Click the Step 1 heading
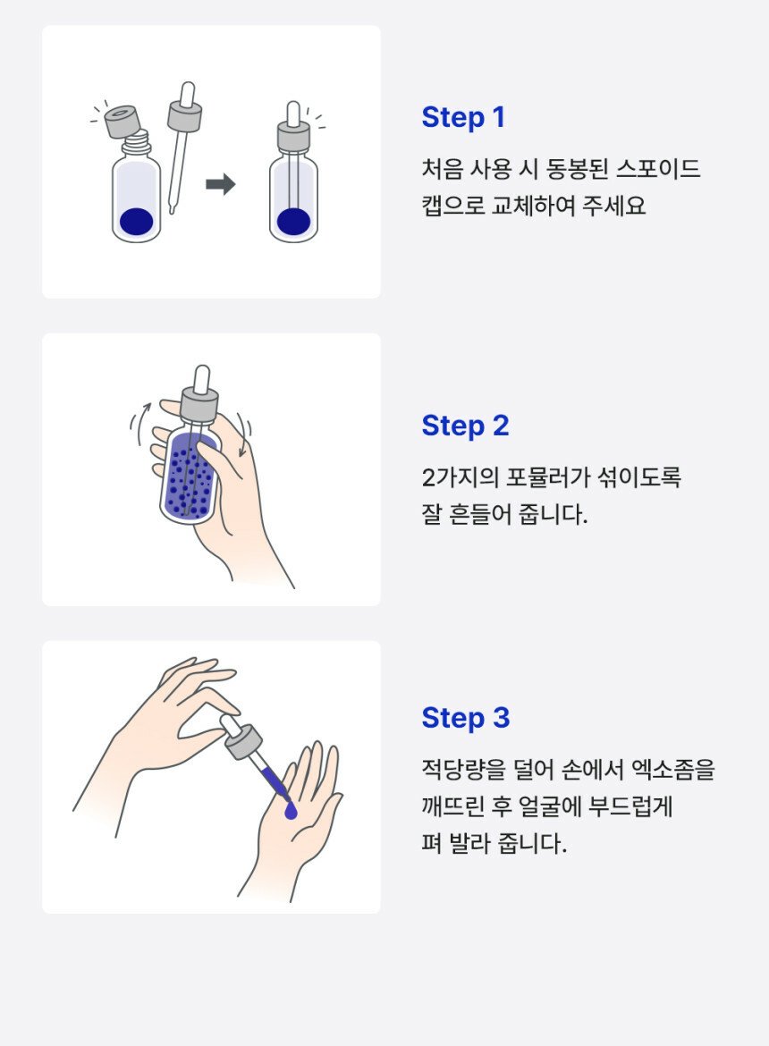pyautogui.click(x=463, y=118)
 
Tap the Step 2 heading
pyautogui.click(x=466, y=426)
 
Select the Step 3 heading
pyautogui.click(x=466, y=719)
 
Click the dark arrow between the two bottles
pyautogui.click(x=221, y=184)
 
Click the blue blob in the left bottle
pyautogui.click(x=137, y=222)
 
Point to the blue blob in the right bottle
pyautogui.click(x=293, y=222)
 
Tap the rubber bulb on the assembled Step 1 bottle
pyautogui.click(x=293, y=113)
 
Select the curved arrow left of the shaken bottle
pyautogui.click(x=140, y=423)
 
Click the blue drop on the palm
pyautogui.click(x=290, y=811)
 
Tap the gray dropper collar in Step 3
pyautogui.click(x=243, y=742)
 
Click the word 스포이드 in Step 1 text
pyautogui.click(x=657, y=169)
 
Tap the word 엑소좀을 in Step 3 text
pyautogui.click(x=672, y=770)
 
